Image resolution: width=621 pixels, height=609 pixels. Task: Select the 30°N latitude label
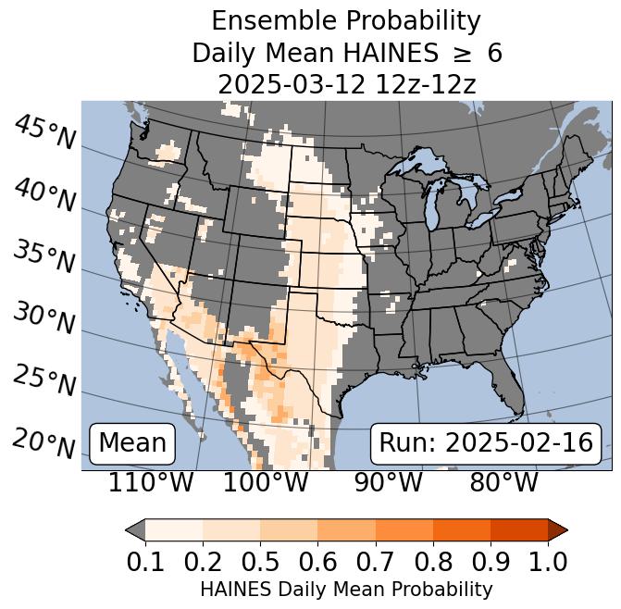[44, 318]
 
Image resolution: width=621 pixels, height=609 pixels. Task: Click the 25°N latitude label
[44, 379]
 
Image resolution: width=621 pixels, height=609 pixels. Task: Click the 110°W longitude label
[152, 482]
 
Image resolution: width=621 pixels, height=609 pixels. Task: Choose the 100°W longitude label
[266, 482]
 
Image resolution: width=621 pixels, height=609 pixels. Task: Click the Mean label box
[132, 443]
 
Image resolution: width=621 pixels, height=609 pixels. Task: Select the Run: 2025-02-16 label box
[486, 443]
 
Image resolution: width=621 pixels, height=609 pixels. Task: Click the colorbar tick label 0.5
[260, 561]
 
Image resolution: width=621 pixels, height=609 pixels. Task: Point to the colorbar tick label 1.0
[547, 561]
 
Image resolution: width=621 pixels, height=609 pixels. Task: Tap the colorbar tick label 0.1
[145, 561]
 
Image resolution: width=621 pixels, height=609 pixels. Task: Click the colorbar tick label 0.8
[432, 561]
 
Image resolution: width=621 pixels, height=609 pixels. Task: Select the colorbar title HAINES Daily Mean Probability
[346, 589]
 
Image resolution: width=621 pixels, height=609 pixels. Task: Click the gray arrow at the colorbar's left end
[135, 530]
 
